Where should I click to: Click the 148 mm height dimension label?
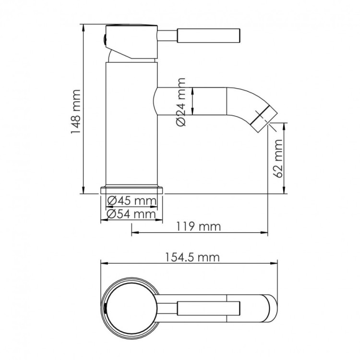[x=76, y=111]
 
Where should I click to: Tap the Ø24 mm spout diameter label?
[x=181, y=102]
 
